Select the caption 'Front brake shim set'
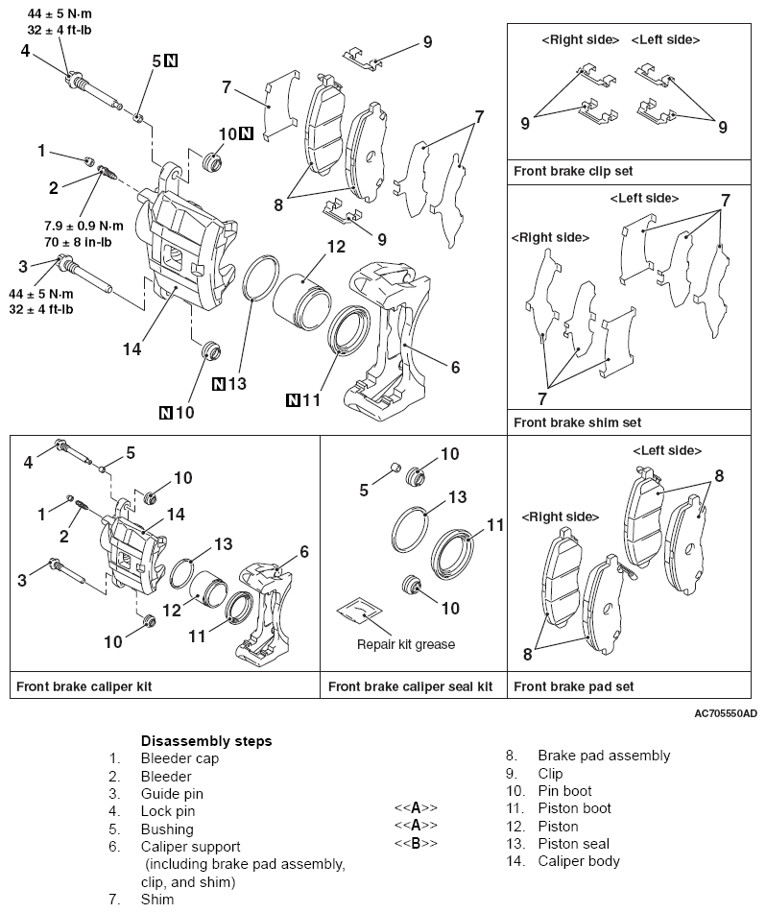click(x=577, y=421)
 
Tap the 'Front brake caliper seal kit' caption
click(x=410, y=686)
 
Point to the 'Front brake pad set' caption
click(x=573, y=686)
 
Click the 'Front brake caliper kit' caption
click(x=84, y=686)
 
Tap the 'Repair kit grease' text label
click(x=406, y=644)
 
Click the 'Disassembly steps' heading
click(x=206, y=741)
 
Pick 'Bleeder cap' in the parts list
click(x=180, y=758)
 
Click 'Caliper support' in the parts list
click(x=190, y=847)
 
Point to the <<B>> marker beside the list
click(x=416, y=843)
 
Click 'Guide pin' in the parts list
click(x=172, y=794)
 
